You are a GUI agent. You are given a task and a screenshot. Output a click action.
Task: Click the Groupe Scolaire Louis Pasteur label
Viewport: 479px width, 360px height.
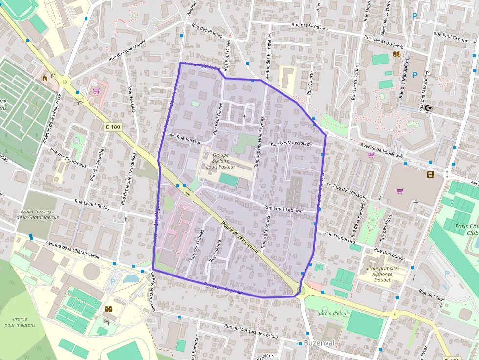pos(220,161)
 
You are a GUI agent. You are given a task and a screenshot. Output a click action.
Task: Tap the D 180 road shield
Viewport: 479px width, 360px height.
pos(112,127)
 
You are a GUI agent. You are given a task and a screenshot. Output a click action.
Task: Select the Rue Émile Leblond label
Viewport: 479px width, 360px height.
pos(283,209)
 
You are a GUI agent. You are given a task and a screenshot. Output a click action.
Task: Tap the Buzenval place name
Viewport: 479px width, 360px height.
pos(319,343)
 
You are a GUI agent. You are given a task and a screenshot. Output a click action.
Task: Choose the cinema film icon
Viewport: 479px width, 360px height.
pos(430,174)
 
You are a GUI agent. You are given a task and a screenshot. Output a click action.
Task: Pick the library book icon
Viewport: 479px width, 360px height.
pos(397,54)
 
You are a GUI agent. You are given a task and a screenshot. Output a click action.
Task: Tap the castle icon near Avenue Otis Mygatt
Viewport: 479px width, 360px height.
pos(109,309)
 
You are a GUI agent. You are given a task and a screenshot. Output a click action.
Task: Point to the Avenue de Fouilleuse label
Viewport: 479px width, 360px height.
pos(382,150)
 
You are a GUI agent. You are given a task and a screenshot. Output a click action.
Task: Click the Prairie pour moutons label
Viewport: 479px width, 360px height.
pos(20,322)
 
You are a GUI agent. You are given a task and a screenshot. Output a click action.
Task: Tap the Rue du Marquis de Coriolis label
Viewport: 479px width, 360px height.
pos(251,332)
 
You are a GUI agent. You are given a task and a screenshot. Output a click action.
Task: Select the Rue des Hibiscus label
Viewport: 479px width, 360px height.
pos(349,191)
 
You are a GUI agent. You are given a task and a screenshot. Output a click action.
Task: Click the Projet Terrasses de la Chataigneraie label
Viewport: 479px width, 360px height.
pos(38,215)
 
